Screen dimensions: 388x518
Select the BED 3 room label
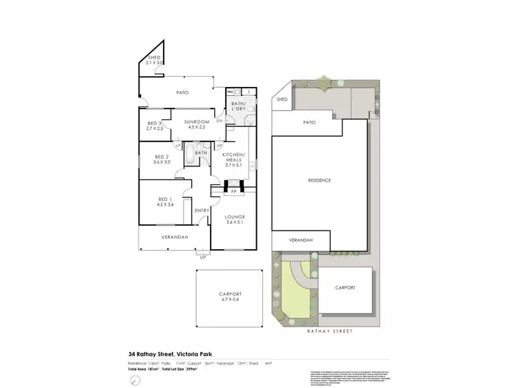155,126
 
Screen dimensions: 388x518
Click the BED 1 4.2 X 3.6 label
164,202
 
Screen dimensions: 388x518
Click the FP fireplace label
233,191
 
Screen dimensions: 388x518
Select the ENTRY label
202,211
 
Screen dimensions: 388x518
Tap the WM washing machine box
230,90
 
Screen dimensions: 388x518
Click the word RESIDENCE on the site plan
319,180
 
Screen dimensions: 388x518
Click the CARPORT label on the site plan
345,287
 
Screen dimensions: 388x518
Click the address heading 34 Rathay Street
166,354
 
